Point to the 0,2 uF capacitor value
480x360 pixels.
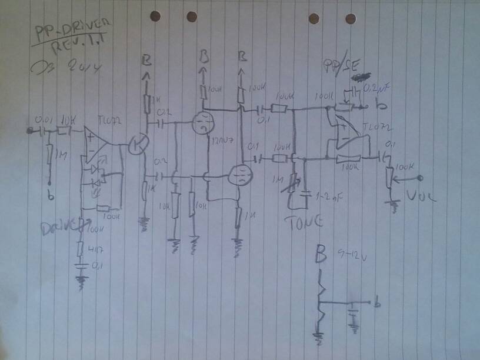coord(377,89)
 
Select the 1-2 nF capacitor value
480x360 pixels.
coord(329,195)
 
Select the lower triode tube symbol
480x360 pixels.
coord(239,175)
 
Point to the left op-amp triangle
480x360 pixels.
coord(95,144)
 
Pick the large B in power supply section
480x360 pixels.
coord(321,256)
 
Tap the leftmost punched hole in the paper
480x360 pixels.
coord(155,16)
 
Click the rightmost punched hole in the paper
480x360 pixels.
coord(351,18)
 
